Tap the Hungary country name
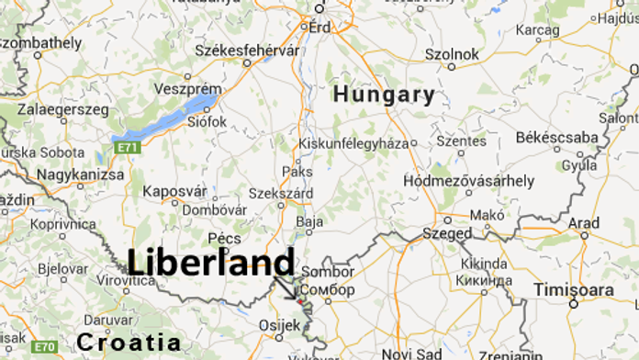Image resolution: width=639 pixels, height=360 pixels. click(384, 94)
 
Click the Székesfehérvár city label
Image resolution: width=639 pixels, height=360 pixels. click(235, 50)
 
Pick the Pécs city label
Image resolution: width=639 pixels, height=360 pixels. click(224, 238)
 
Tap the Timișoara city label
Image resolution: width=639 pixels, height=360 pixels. click(577, 287)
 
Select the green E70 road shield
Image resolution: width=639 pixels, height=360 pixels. click(43, 346)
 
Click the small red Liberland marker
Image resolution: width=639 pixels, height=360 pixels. click(299, 300)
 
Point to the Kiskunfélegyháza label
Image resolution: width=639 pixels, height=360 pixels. click(353, 142)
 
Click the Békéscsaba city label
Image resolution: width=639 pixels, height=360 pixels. click(556, 137)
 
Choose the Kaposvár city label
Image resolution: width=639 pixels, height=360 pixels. click(175, 191)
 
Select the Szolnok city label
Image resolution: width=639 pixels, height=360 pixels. click(452, 54)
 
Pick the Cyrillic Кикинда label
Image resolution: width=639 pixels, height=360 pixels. click(483, 279)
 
